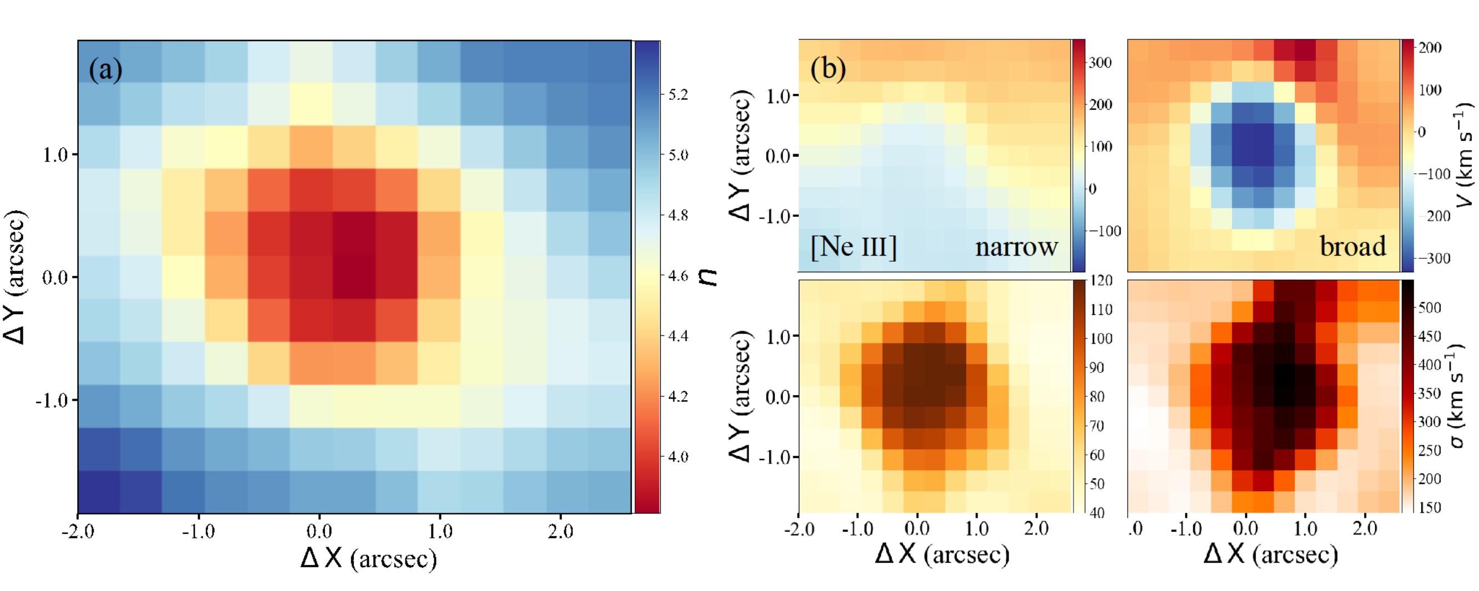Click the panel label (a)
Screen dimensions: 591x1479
(x=105, y=70)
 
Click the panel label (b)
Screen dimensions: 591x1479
(x=827, y=69)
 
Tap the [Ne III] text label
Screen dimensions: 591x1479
(x=853, y=247)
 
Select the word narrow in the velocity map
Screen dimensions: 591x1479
(x=1016, y=247)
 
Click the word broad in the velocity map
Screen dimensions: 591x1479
(x=1353, y=246)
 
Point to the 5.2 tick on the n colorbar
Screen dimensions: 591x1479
(x=678, y=95)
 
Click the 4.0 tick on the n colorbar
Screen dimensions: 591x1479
(x=678, y=457)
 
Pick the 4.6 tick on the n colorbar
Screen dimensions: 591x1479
(x=678, y=276)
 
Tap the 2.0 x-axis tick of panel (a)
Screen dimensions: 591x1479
(x=560, y=531)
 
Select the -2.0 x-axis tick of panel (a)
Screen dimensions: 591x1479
(x=78, y=531)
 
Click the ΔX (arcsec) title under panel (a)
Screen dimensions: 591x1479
(x=368, y=558)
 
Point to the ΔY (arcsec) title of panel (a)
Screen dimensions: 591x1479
(x=16, y=277)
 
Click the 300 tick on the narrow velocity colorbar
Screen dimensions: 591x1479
(x=1100, y=63)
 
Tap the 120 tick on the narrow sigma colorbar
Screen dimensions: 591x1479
(x=1101, y=281)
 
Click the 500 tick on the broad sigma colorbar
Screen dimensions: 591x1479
(x=1430, y=308)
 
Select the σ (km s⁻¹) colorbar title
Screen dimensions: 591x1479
(x=1458, y=396)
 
